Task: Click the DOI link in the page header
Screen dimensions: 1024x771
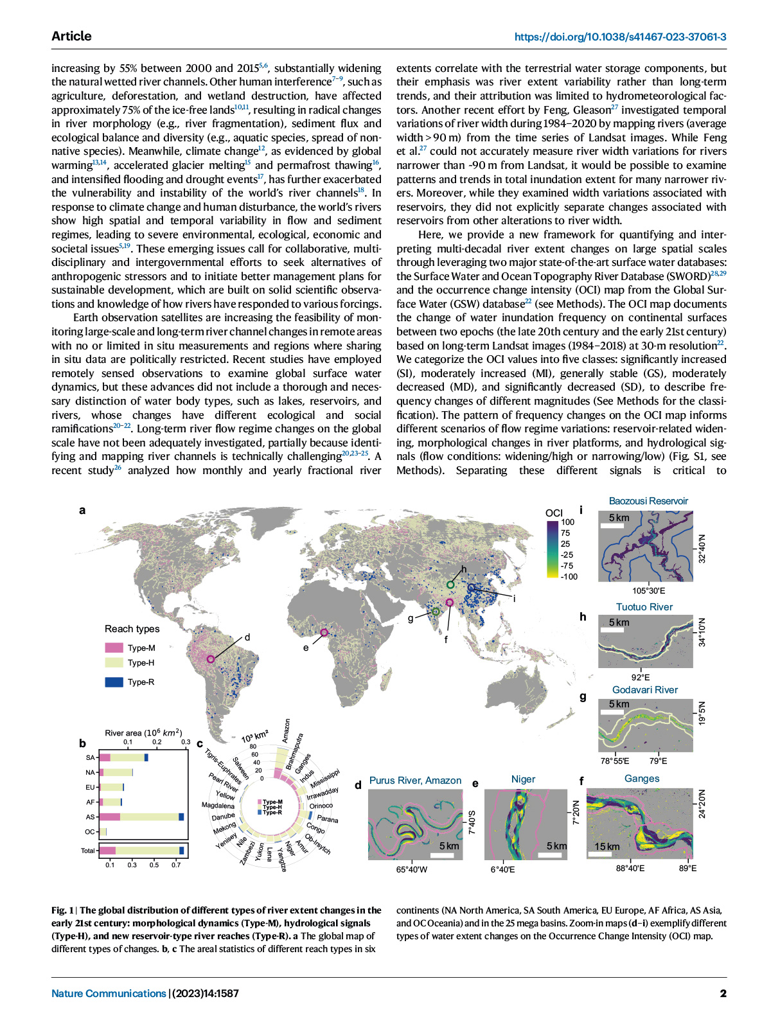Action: click(620, 37)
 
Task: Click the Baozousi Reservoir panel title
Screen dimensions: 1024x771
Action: click(648, 501)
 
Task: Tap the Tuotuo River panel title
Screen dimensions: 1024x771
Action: click(644, 607)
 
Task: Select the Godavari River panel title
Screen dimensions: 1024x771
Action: click(644, 690)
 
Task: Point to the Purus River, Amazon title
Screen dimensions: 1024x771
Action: click(415, 781)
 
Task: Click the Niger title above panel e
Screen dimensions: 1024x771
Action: click(523, 779)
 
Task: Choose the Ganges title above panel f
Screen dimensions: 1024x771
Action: click(642, 779)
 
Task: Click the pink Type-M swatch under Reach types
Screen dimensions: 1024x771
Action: click(114, 648)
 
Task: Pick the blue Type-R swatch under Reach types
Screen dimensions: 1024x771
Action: click(114, 682)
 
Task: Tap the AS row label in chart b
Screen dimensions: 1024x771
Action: click(90, 817)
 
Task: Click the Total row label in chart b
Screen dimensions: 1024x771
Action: click(88, 851)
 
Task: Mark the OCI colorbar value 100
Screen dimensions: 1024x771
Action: click(568, 522)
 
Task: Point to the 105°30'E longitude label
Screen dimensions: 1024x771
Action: click(648, 591)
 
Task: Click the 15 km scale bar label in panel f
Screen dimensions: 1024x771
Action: click(607, 847)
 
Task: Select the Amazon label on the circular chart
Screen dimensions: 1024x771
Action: click(287, 731)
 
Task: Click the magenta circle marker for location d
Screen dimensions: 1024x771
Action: click(210, 659)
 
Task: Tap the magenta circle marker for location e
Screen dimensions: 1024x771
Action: click(324, 633)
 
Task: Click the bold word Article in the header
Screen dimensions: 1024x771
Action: click(71, 36)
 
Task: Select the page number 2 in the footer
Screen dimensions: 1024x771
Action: click(723, 993)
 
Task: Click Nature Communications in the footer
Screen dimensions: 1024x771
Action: click(109, 993)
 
